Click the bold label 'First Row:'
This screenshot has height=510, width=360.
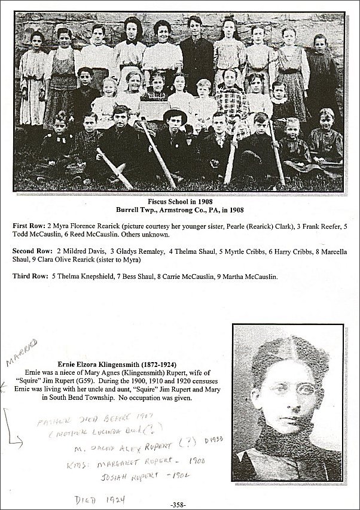(x=28, y=225)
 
